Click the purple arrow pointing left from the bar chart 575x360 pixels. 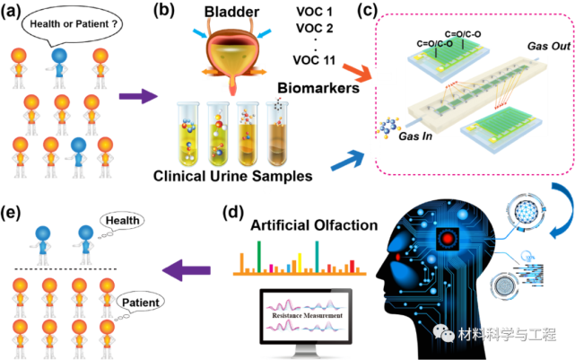pyautogui.click(x=185, y=268)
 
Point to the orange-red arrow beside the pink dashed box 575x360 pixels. pyautogui.click(x=356, y=73)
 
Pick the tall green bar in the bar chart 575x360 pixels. pyautogui.click(x=258, y=256)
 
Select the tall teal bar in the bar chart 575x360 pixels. pyautogui.click(x=317, y=256)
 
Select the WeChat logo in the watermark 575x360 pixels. pyautogui.click(x=444, y=333)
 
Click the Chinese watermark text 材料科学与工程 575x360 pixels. pyautogui.click(x=506, y=334)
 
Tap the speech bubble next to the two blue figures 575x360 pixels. pyautogui.click(x=121, y=221)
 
